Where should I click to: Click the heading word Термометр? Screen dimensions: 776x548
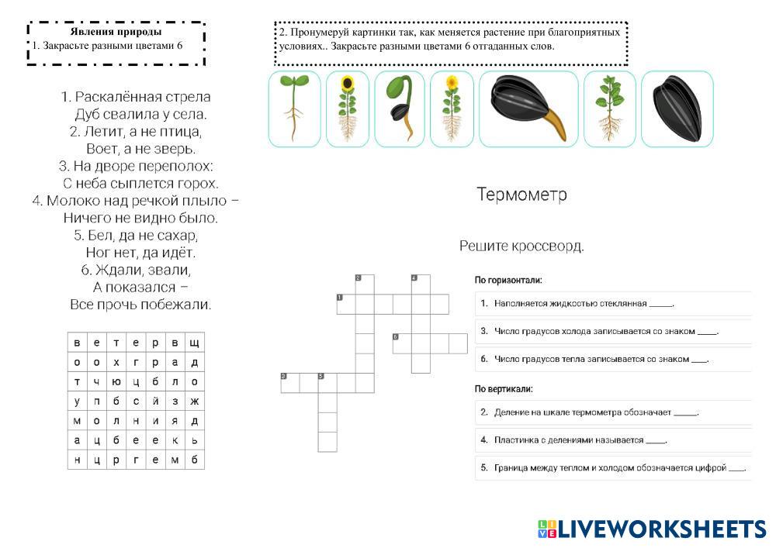tap(521, 195)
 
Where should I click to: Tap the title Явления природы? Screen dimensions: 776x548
tap(116, 32)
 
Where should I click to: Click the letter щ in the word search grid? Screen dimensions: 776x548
tap(194, 343)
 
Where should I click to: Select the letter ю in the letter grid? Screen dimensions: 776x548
tap(116, 382)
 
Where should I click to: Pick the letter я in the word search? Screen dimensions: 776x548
tap(175, 421)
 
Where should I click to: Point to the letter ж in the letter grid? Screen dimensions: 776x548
tap(194, 402)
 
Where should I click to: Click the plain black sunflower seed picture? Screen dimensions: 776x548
tap(677, 109)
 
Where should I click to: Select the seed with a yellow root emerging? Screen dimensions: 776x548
tap(528, 109)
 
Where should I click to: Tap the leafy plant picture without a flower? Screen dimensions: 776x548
tap(609, 109)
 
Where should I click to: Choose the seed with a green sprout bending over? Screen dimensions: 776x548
tap(400, 109)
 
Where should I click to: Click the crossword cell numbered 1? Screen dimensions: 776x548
tap(345, 304)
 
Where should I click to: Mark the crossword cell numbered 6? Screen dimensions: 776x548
tap(402, 343)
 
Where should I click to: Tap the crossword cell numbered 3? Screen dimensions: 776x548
tap(289, 382)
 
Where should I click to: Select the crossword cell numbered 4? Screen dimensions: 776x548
tap(420, 284)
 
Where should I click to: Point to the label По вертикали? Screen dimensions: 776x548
tap(504, 388)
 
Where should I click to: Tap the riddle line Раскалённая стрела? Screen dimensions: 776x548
tap(136, 97)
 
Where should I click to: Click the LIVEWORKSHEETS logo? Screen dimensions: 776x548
tap(652, 529)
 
